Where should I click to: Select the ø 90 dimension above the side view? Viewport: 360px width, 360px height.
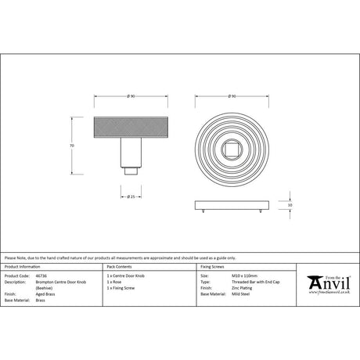click(x=131, y=96)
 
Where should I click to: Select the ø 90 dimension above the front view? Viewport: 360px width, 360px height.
click(x=232, y=96)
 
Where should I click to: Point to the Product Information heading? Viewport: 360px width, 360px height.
click(x=23, y=268)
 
